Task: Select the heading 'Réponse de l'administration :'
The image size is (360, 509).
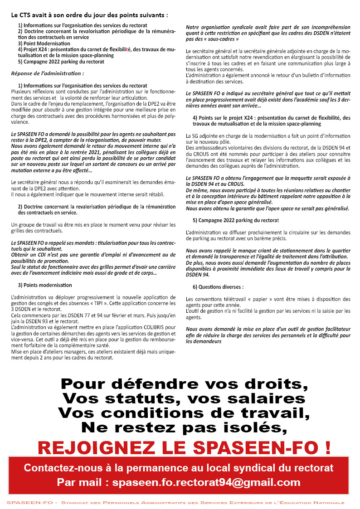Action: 48,73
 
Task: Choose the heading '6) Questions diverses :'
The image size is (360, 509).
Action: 218,287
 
